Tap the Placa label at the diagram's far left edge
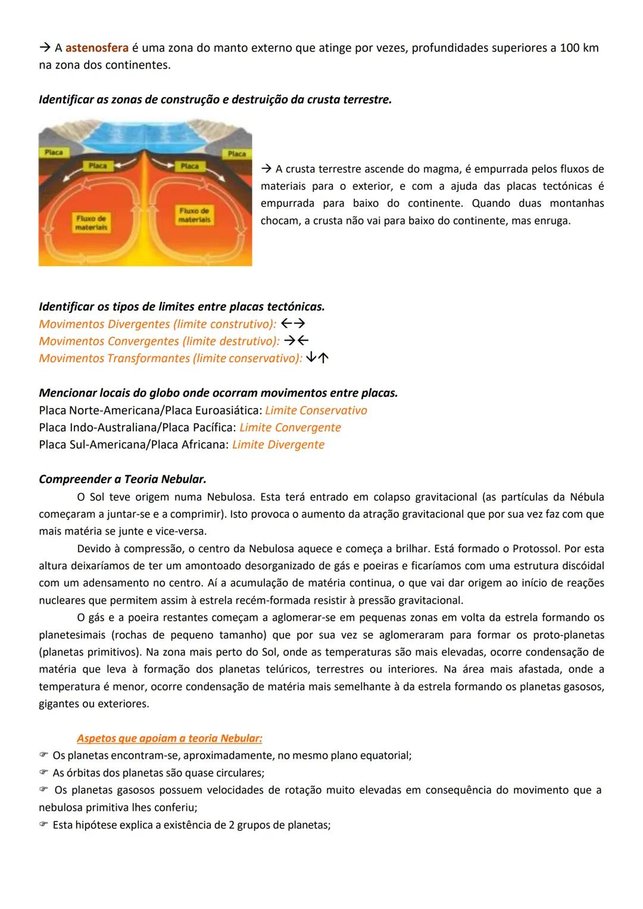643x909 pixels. (54, 152)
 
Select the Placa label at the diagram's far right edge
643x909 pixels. (236, 154)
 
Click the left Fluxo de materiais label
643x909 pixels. (91, 223)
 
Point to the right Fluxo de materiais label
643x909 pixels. (194, 215)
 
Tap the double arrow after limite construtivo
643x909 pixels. (292, 324)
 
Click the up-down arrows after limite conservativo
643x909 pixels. (318, 358)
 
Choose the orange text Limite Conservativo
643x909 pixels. (316, 410)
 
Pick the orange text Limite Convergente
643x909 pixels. (290, 428)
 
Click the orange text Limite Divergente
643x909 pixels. (278, 445)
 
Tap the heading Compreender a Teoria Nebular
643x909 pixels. (122, 479)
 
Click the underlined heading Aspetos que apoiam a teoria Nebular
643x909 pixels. (169, 739)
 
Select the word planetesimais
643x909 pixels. (73, 635)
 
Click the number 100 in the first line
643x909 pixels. (570, 48)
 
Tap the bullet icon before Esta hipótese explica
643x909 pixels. (43, 825)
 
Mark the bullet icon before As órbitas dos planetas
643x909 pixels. (43, 773)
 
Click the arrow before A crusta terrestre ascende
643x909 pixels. (266, 169)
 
